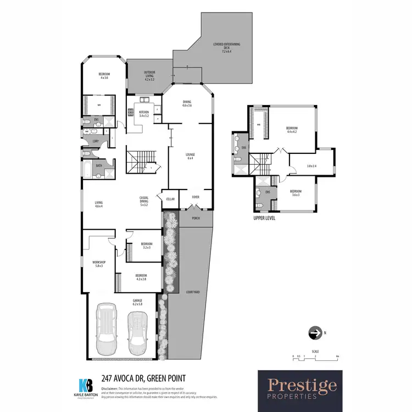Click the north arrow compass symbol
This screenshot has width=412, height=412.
[315, 333]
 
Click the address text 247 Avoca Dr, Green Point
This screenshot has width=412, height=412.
[143, 377]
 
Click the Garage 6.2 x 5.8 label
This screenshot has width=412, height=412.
[137, 302]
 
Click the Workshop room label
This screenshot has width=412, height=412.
[98, 264]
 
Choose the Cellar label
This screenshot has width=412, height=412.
[170, 199]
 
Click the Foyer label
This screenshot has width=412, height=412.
[195, 196]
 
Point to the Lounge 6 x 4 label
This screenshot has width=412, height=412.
[190, 156]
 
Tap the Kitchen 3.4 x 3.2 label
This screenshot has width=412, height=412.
[143, 114]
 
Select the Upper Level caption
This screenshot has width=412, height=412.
[264, 218]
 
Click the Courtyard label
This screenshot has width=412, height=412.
[192, 292]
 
